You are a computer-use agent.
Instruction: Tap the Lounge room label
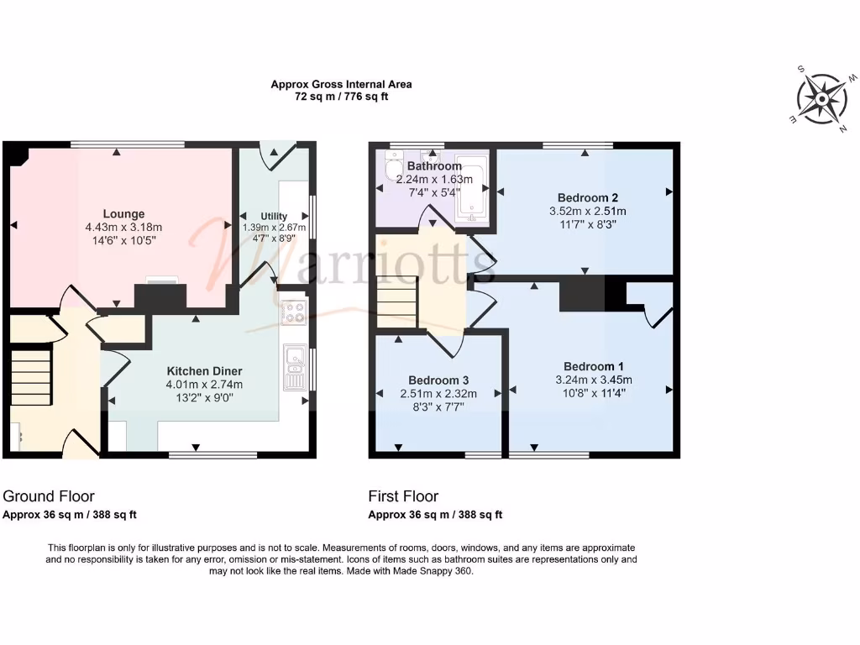click(124, 214)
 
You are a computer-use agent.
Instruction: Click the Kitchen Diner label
click(204, 371)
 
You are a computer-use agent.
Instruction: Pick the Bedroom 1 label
click(594, 366)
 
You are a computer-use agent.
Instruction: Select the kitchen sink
click(295, 368)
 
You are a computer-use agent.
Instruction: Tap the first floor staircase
click(396, 302)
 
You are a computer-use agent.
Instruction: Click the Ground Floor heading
click(49, 496)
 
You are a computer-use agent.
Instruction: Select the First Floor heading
click(403, 496)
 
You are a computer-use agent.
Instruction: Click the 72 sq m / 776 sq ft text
click(341, 97)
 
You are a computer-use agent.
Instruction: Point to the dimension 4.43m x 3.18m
click(123, 228)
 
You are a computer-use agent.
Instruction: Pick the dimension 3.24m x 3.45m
click(594, 380)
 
